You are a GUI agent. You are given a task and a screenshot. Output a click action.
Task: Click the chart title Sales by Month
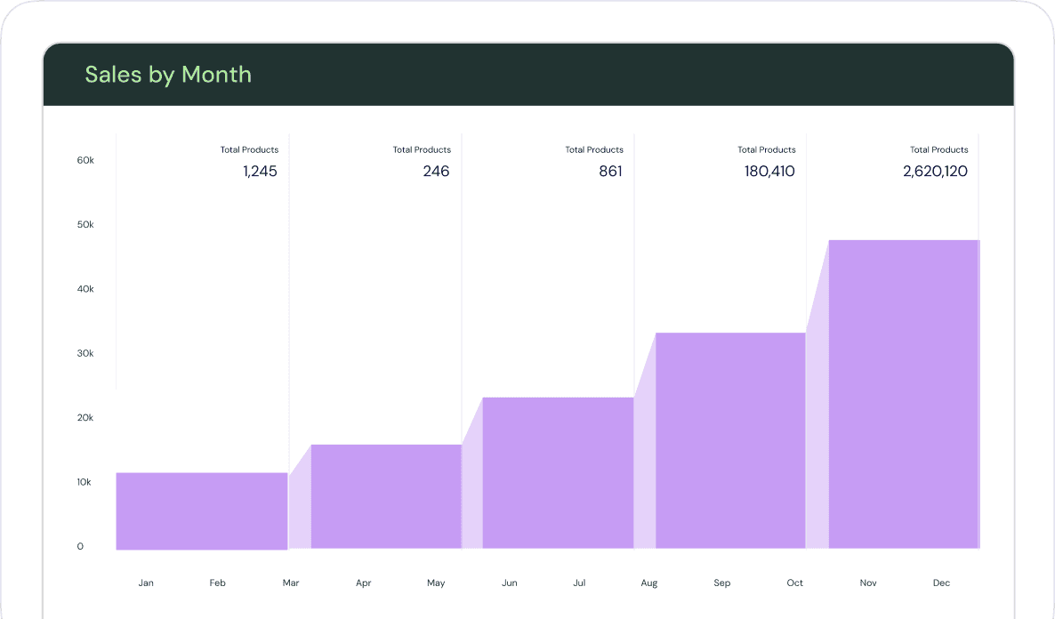168,75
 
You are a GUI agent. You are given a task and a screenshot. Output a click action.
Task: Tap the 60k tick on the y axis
85,161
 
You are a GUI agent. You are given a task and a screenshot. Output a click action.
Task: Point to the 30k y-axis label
85,354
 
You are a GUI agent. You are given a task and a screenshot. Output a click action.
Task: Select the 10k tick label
85,482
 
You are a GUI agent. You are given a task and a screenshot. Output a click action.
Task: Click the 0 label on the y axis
80,546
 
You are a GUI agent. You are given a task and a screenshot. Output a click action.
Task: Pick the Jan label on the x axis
146,583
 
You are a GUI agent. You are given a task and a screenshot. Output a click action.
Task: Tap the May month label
436,583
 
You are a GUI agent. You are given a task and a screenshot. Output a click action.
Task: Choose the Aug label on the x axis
649,583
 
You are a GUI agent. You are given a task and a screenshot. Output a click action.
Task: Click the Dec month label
941,583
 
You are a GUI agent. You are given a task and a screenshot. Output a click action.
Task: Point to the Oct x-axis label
794,583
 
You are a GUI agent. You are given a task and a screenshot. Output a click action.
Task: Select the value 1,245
260,172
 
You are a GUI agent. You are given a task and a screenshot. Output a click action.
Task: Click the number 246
436,172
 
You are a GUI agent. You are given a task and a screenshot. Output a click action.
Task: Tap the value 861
610,172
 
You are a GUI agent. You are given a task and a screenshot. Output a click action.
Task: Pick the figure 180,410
769,172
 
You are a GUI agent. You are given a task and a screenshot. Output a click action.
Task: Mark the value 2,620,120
935,172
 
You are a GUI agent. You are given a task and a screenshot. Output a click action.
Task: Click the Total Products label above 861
594,150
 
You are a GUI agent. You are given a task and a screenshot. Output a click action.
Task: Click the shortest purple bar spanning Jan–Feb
202,510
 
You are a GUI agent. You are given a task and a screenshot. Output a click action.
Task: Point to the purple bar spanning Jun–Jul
558,472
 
